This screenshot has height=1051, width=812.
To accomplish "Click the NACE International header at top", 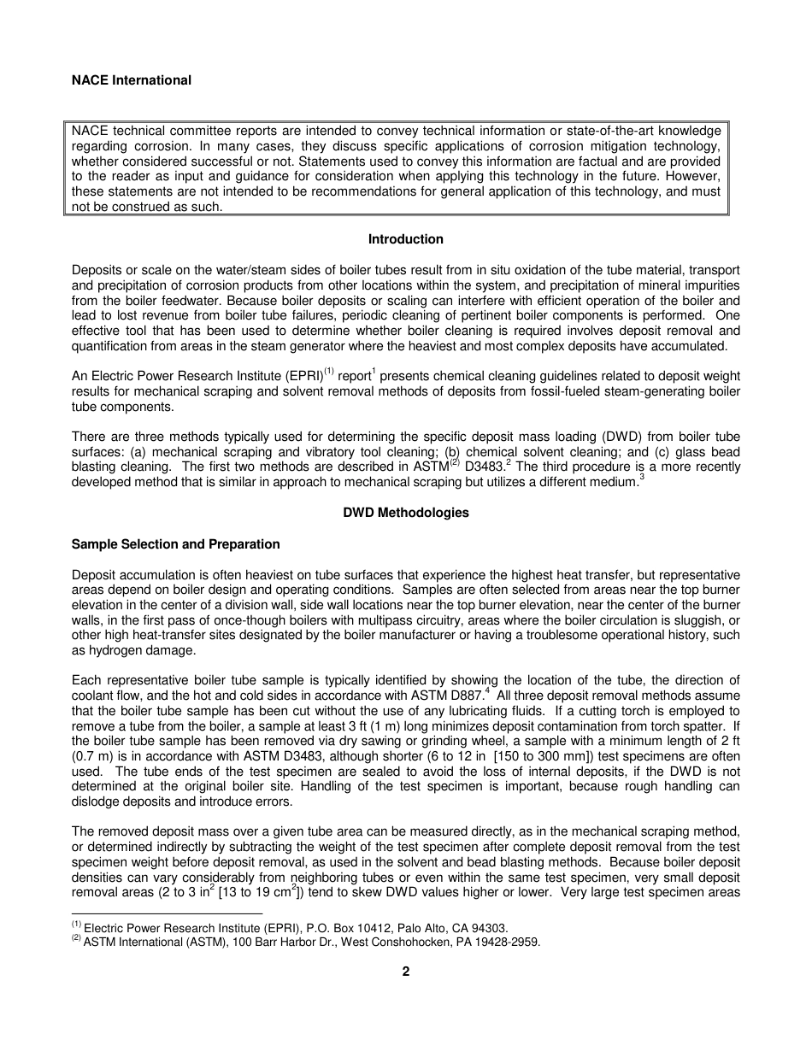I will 132,80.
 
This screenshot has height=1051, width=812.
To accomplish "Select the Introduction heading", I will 405,239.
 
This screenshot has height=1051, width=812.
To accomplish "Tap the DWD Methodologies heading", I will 405,514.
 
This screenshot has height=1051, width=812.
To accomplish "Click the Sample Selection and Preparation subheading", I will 175,544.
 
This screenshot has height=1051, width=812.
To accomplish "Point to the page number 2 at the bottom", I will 406,972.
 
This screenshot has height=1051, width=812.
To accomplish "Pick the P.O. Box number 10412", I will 345,928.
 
